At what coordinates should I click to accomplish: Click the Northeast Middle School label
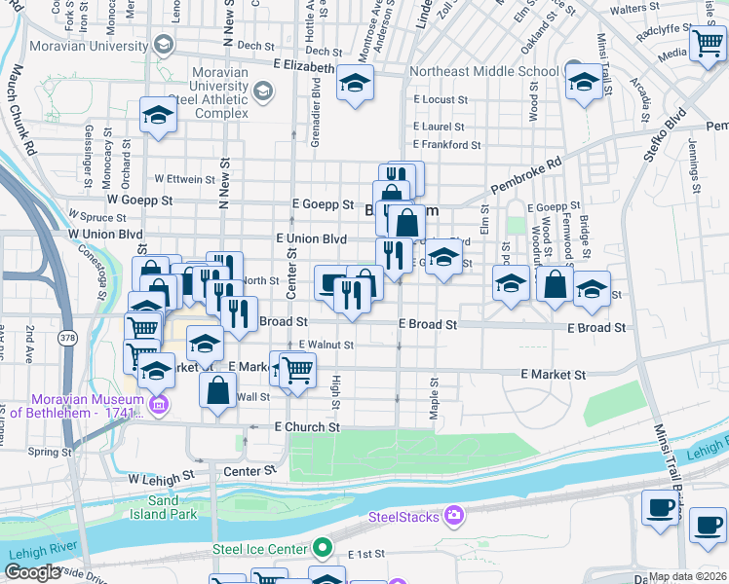coord(484,71)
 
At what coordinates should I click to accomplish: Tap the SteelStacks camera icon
coord(452,515)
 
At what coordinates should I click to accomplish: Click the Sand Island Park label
coord(165,506)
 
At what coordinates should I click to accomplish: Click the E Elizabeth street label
coord(290,68)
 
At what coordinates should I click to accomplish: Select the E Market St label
coord(553,374)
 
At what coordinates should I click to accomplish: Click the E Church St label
coord(307,427)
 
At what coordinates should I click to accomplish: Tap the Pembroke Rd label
coord(526,174)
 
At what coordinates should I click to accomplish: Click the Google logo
coord(32,572)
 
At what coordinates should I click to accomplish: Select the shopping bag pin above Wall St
coord(218,389)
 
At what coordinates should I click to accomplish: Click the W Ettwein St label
coord(184,179)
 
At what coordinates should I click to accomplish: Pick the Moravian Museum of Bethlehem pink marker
coord(159,405)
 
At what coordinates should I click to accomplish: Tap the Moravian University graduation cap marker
coord(164,46)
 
